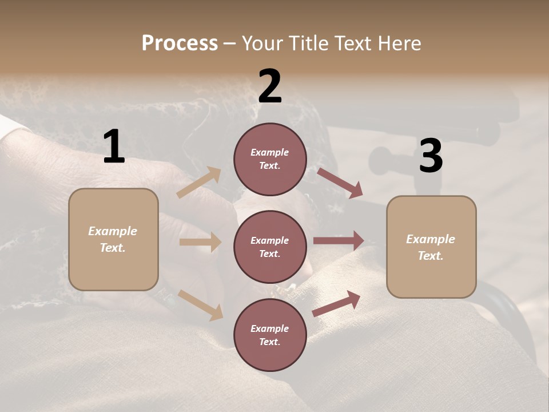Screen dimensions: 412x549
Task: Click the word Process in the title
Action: (x=180, y=43)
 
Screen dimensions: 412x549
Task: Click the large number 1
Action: (x=114, y=147)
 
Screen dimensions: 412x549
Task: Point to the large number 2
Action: (x=270, y=86)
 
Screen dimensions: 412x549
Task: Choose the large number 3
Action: (x=431, y=156)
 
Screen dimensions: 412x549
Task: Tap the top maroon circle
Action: (x=270, y=159)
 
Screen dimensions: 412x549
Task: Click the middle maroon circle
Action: (x=270, y=247)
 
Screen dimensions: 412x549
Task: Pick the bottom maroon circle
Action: (x=270, y=335)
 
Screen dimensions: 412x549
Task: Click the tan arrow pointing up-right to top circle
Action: (x=199, y=182)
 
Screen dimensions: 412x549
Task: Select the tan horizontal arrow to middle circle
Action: (x=200, y=242)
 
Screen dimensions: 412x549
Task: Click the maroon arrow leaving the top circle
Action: (x=340, y=183)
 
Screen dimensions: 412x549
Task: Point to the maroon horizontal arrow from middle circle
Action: (x=339, y=241)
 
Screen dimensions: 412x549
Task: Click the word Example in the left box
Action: (x=113, y=231)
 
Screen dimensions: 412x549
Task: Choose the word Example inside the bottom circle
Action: (x=269, y=328)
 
